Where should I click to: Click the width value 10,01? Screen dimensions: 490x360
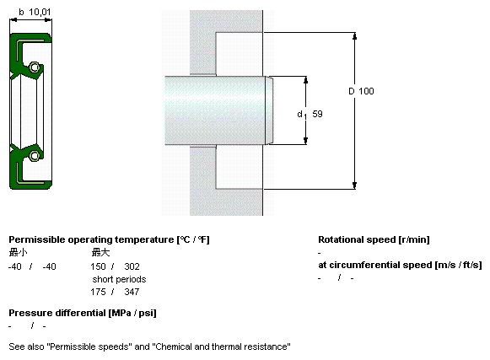click(x=40, y=12)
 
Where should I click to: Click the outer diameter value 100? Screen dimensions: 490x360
click(x=366, y=91)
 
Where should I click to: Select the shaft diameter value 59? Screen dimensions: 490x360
click(x=317, y=114)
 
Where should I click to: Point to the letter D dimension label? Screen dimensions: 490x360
click(x=352, y=91)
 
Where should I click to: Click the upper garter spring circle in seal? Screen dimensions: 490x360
click(x=35, y=67)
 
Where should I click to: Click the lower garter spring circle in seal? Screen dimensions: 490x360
click(x=35, y=156)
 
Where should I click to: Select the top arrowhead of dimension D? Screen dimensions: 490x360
click(x=354, y=36)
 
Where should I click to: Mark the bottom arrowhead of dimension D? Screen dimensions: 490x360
click(x=354, y=185)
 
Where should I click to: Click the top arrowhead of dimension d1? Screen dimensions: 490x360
click(x=305, y=80)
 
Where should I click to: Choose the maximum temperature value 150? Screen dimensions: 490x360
click(x=98, y=266)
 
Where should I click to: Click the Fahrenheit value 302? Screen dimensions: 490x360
click(x=132, y=266)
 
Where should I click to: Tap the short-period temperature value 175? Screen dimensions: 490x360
click(x=98, y=292)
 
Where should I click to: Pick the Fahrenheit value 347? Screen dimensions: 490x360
click(x=132, y=292)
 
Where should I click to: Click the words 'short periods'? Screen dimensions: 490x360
click(x=119, y=279)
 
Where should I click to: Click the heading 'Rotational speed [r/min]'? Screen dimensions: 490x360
click(x=374, y=239)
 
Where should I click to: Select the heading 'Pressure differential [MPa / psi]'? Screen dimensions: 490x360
click(x=83, y=313)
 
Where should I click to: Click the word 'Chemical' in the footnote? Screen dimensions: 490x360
click(x=174, y=347)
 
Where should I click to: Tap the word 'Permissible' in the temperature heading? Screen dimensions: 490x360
click(x=37, y=239)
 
